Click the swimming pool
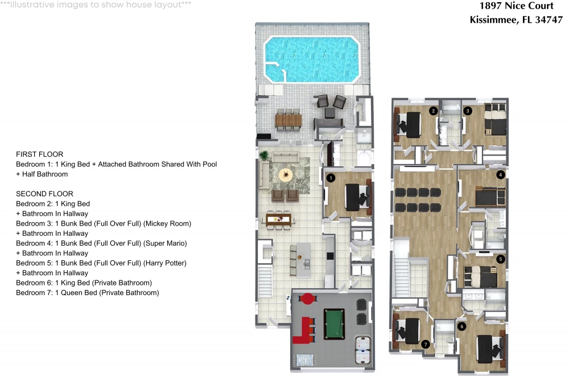312,59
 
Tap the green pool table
334,324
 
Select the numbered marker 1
331,178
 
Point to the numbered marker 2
433,111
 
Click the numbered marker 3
468,111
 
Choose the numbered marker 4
501,175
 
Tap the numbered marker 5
501,259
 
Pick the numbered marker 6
462,326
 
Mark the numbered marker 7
426,344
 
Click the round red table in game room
308,299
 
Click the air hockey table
362,350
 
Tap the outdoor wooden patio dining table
288,120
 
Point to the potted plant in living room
264,155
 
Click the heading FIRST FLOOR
40,154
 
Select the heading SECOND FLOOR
44,194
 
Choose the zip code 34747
549,19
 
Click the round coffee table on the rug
286,175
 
